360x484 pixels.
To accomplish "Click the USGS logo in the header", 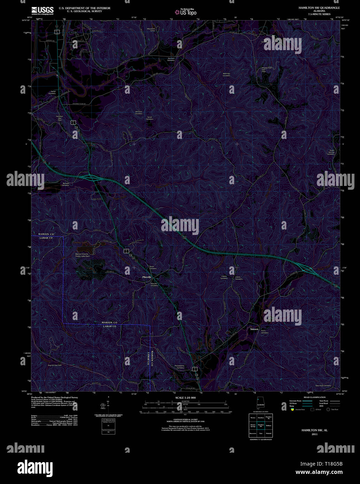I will coord(42,10).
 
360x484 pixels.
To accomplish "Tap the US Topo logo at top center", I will coord(186,12).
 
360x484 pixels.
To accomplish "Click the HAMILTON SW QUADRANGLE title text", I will coord(319,7).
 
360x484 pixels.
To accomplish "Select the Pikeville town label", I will coord(147,277).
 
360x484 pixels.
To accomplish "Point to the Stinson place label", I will coord(255,329).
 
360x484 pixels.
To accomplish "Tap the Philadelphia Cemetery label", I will coord(180,367).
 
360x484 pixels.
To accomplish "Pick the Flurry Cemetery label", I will coord(265,332).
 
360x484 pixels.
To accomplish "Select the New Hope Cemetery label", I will coord(323,385).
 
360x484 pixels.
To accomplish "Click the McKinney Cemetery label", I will coord(227,75).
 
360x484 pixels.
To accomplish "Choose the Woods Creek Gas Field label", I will coord(267,69).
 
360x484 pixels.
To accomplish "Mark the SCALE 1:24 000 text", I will coord(186,398).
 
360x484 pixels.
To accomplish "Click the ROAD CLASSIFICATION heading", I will coord(314,397).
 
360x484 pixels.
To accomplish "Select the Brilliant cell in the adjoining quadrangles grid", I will coord(268,426).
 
